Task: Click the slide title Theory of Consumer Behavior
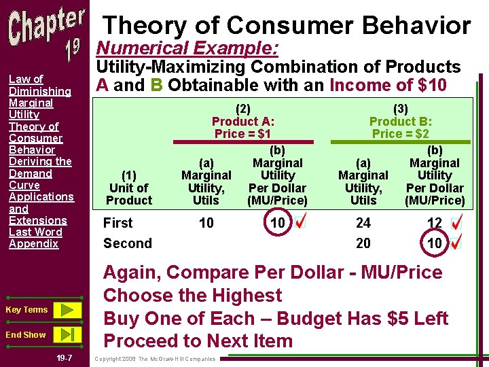tap(286, 26)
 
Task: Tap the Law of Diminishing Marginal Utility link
tap(39, 97)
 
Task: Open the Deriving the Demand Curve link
tap(39, 173)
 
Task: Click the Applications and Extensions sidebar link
tap(41, 208)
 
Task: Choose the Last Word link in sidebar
tap(35, 232)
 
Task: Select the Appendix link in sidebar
tap(33, 243)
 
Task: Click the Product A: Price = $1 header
tap(243, 120)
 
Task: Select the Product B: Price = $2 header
tap(400, 120)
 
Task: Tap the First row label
tap(117, 223)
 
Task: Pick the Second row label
tap(127, 243)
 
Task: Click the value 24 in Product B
tap(363, 223)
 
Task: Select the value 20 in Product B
tap(363, 243)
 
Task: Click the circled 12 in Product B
tap(435, 223)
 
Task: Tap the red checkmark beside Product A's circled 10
tap(301, 221)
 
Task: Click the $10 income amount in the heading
tap(433, 85)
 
